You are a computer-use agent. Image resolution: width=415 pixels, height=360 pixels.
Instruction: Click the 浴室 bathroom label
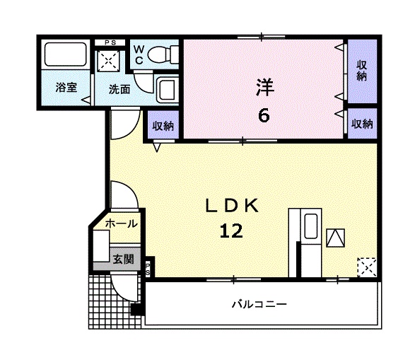point(66,88)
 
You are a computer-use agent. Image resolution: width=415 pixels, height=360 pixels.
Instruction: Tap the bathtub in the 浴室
point(64,57)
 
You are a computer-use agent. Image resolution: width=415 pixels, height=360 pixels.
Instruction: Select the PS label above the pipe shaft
point(110,42)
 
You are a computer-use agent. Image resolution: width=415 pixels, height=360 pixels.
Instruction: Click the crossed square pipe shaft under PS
point(110,62)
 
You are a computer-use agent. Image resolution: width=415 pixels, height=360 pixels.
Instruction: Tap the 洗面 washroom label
point(119,89)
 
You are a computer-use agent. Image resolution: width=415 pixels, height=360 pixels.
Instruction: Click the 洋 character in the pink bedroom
point(263,87)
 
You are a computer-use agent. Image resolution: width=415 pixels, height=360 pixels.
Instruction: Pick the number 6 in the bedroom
point(263,115)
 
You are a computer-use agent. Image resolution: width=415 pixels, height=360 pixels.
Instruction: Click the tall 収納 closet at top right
point(361,71)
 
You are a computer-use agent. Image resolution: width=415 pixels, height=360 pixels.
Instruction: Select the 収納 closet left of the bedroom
point(163,126)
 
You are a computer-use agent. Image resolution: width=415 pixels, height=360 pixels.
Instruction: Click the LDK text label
point(234,206)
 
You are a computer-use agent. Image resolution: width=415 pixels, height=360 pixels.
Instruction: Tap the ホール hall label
point(121,223)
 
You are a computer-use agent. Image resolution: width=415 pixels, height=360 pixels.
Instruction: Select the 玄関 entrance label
point(122,259)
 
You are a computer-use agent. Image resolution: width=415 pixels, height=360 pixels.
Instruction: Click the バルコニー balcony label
point(259,304)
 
